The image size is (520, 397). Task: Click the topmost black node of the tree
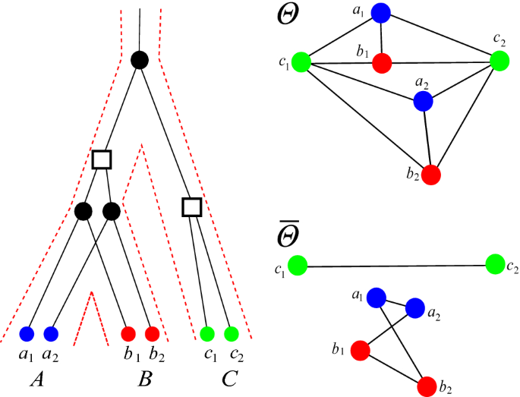[x=139, y=59]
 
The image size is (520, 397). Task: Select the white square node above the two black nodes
[x=101, y=159]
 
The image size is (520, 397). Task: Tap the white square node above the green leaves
[x=192, y=206]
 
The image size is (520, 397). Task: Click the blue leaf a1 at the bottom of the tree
[x=27, y=333]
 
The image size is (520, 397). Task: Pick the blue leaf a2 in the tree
[x=52, y=333]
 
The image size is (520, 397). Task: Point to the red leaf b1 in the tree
[x=128, y=333]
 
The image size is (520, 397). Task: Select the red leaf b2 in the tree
[x=152, y=333]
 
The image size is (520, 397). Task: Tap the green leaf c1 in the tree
[x=207, y=333]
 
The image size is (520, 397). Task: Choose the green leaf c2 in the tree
[x=232, y=333]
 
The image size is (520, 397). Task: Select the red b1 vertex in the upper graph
[x=383, y=63]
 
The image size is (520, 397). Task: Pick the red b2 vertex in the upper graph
[x=431, y=174]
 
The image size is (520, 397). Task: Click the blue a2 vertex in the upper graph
[x=423, y=101]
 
